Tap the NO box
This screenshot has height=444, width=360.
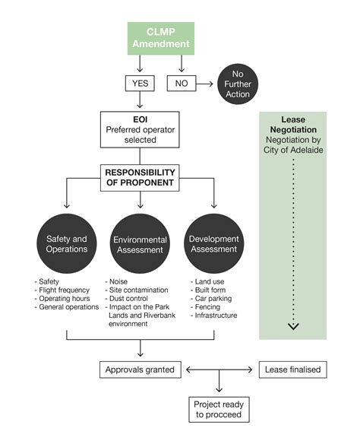tap(181, 83)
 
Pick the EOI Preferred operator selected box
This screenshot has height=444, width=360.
tap(141, 129)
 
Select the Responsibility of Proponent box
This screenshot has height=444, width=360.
tap(141, 178)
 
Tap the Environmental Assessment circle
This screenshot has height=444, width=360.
tap(141, 245)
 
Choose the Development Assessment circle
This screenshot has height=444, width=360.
tap(214, 245)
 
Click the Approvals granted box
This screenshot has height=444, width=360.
tap(141, 370)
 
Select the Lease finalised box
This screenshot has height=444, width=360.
tap(293, 370)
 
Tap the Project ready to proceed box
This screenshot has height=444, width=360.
tap(218, 410)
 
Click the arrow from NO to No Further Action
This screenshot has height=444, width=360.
tap(204, 83)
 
